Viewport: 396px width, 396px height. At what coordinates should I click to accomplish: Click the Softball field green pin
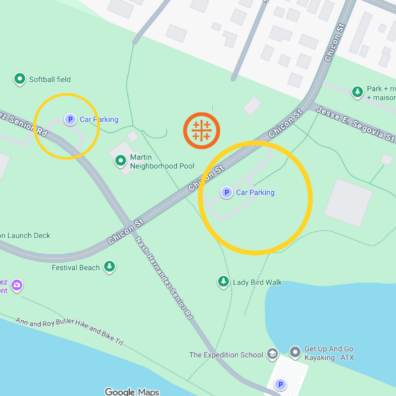coord(19,78)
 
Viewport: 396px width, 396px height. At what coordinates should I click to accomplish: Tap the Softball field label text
coord(49,79)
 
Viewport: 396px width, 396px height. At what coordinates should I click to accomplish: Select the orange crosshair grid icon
coord(201,130)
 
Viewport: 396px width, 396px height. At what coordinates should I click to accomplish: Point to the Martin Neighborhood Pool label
coord(162,161)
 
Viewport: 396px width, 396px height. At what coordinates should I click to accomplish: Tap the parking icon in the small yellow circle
coord(70,119)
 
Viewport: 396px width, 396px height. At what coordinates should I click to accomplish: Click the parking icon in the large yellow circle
coord(227,193)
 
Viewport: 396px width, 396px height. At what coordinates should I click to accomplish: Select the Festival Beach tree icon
coord(109,267)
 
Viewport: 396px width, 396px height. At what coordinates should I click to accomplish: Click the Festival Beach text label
coord(76,268)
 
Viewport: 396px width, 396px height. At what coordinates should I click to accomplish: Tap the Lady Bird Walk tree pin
coord(224,282)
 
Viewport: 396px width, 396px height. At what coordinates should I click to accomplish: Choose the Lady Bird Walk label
coord(257,283)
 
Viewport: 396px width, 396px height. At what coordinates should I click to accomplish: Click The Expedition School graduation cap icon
coord(272,354)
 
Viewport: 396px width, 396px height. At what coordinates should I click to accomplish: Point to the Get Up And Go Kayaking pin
coord(296,352)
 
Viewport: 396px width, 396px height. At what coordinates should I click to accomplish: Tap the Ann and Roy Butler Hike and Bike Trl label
coord(69,331)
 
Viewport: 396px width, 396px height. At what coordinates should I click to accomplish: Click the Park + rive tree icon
coord(357,92)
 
